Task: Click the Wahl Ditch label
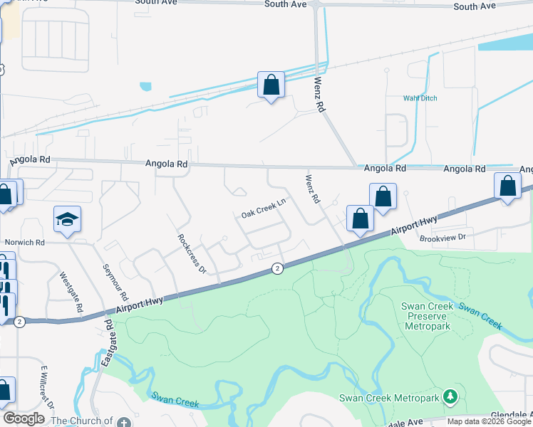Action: click(418, 98)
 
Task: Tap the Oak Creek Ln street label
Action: click(263, 208)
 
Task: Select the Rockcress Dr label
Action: click(191, 253)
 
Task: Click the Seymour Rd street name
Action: click(115, 281)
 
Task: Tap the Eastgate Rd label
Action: click(108, 342)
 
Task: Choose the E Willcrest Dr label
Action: click(48, 387)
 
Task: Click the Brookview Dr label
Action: click(442, 237)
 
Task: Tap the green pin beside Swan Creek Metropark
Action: click(450, 396)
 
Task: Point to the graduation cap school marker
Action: click(67, 220)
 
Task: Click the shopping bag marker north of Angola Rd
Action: click(271, 85)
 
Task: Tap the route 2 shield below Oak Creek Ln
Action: click(277, 268)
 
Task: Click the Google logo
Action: click(24, 418)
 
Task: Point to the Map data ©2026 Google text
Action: click(488, 421)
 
